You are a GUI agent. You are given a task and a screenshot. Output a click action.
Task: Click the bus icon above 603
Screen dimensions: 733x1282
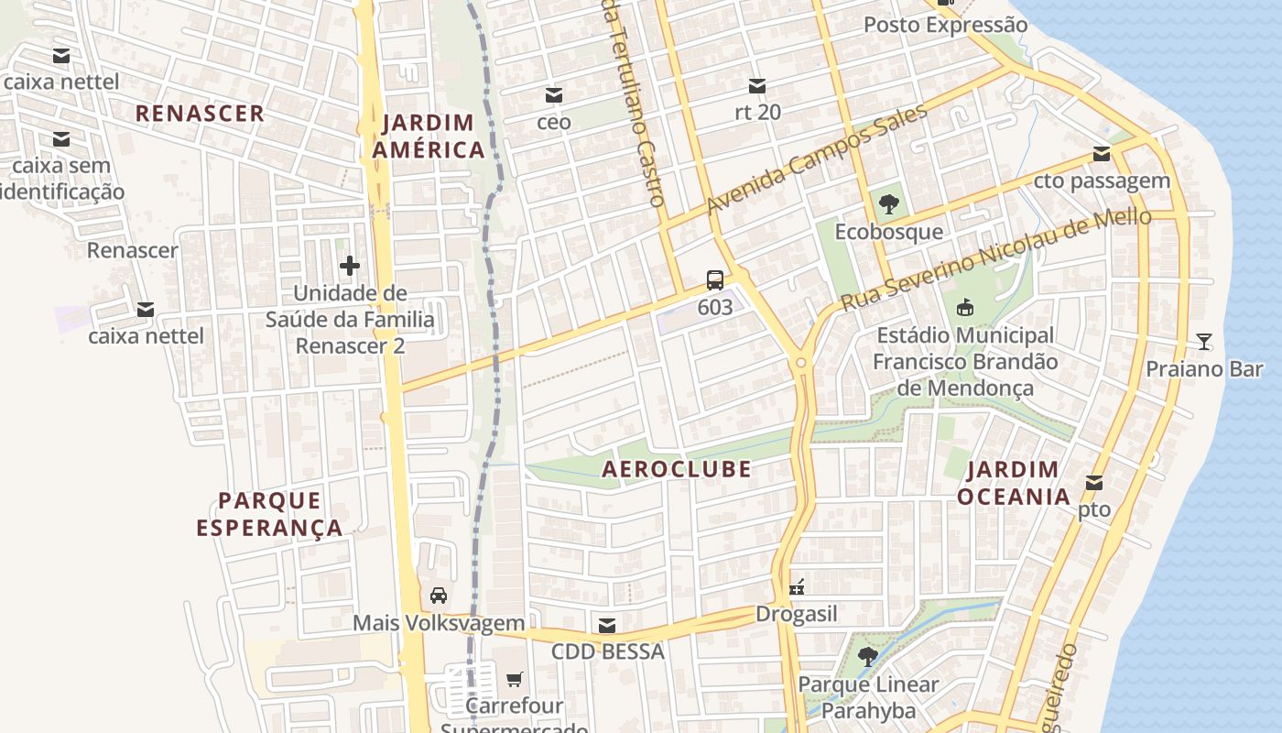(x=715, y=280)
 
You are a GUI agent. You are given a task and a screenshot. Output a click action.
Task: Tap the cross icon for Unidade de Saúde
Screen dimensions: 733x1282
(x=349, y=267)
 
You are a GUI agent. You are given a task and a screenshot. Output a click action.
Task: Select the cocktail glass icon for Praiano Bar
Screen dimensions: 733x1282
(x=1204, y=343)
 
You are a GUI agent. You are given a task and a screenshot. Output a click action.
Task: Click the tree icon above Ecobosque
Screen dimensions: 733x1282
(x=887, y=204)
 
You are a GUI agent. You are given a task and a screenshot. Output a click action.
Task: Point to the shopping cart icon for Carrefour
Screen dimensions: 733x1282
(x=514, y=680)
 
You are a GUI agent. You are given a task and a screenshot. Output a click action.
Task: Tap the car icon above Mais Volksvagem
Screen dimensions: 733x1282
(x=439, y=596)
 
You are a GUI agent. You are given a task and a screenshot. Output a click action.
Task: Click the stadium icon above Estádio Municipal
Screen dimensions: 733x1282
(x=963, y=308)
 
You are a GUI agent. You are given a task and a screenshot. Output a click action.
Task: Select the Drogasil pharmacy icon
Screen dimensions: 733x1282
(x=797, y=587)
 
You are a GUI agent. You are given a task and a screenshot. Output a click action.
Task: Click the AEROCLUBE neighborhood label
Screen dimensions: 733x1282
(x=677, y=469)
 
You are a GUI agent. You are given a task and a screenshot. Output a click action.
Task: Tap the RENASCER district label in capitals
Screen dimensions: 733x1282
(x=201, y=114)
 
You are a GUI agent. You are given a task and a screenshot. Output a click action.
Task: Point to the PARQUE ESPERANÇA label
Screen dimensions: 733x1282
(x=269, y=514)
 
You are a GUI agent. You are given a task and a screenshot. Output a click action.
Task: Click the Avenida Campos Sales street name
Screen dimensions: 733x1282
(x=817, y=159)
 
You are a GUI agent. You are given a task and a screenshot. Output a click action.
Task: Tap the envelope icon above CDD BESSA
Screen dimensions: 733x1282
(x=606, y=626)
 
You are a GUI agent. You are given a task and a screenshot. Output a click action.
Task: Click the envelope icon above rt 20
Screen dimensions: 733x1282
(x=757, y=86)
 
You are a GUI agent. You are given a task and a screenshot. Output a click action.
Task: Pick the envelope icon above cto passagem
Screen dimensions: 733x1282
(x=1102, y=154)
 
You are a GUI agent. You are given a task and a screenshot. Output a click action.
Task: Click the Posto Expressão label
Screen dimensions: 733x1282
(x=946, y=25)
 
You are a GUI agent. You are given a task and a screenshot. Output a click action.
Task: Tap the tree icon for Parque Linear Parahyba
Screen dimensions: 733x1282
(x=868, y=657)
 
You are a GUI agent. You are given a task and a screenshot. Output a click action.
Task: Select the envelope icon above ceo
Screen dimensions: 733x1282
(x=554, y=95)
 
